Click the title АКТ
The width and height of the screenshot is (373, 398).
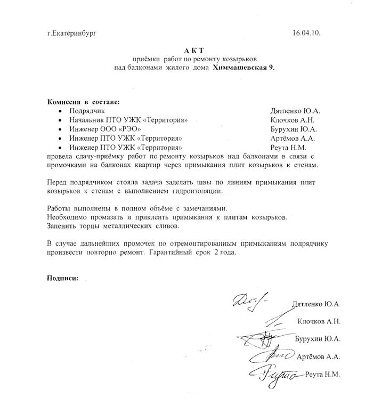195,50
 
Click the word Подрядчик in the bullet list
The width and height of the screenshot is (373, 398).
87,111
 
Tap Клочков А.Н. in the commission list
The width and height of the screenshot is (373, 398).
292,120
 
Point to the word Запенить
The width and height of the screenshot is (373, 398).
62,227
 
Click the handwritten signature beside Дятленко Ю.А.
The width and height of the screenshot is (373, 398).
253,303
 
